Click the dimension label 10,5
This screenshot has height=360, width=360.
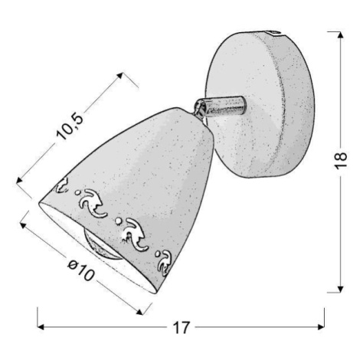pos(70,127)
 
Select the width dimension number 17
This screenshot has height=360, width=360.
pos(182,328)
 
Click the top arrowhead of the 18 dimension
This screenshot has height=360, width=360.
pos(340,35)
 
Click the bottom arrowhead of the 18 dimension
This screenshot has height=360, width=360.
pos(340,289)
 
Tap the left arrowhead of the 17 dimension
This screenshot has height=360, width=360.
pos(41,327)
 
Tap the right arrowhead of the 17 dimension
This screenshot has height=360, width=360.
pos(321,327)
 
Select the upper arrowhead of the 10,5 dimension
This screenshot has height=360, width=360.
pos(120,76)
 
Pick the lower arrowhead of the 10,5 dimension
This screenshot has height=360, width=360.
pos(19,181)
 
